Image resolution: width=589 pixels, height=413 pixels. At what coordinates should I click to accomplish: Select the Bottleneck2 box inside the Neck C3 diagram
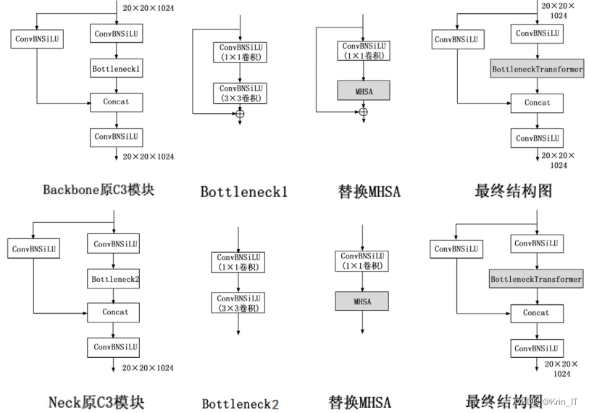tap(114, 278)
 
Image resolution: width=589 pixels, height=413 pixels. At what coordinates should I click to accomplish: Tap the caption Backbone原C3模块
tap(99, 191)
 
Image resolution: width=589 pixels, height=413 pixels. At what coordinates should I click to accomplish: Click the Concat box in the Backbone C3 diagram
tap(116, 102)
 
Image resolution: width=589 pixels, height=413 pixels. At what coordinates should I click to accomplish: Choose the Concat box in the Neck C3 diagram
tap(114, 312)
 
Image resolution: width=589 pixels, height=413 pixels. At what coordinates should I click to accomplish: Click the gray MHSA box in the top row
tap(363, 90)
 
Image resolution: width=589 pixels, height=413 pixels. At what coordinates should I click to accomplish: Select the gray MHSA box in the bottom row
tap(362, 301)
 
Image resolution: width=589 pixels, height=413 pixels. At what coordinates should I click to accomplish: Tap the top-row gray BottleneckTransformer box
tap(537, 70)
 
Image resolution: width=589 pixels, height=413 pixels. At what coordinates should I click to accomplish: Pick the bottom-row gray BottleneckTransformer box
tap(536, 279)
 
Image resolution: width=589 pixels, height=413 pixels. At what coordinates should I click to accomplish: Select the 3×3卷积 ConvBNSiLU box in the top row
tap(239, 93)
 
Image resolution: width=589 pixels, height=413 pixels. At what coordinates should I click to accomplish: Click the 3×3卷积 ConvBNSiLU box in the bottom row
tap(238, 302)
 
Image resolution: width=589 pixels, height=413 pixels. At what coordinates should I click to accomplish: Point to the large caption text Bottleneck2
tap(240, 404)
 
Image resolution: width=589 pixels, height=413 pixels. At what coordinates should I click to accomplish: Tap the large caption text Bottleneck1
tap(244, 192)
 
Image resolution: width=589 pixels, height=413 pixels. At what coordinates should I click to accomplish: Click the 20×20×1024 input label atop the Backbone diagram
tap(149, 9)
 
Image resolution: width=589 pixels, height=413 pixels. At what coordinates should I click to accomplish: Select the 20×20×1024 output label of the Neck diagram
tap(148, 368)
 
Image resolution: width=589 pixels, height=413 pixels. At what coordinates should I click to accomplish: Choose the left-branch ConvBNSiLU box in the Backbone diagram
tap(37, 39)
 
